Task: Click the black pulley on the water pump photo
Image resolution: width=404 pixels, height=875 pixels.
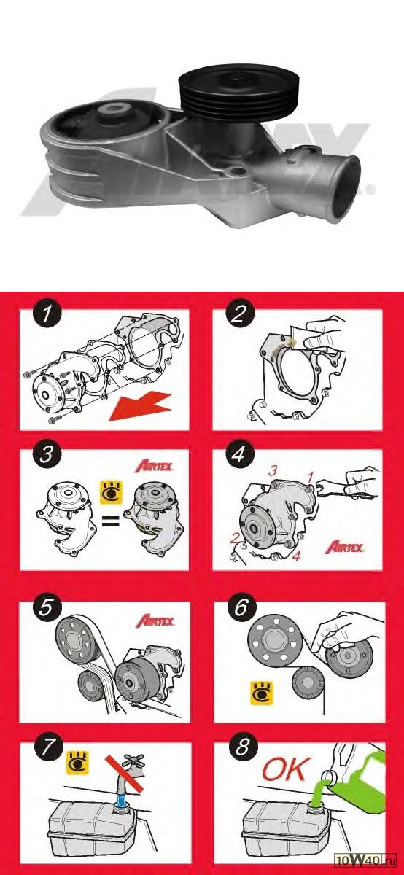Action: tap(239, 94)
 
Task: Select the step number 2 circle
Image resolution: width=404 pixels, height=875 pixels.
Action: tap(239, 314)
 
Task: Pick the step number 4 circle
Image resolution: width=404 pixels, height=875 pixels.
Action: tap(239, 454)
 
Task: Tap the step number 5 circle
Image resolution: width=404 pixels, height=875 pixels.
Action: tap(47, 607)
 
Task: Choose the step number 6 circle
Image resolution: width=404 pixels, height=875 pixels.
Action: tap(241, 607)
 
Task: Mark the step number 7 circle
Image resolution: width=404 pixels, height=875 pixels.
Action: tap(49, 747)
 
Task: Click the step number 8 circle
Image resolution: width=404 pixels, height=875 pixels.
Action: tap(242, 747)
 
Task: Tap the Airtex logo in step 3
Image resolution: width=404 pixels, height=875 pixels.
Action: tap(154, 466)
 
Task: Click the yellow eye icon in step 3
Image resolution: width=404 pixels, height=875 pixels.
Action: tap(111, 491)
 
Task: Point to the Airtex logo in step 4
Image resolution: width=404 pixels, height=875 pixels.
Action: tap(344, 547)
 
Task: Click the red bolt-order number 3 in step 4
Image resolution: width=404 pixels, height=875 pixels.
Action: tap(273, 471)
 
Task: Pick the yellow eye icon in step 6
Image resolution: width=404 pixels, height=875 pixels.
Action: tap(261, 693)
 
